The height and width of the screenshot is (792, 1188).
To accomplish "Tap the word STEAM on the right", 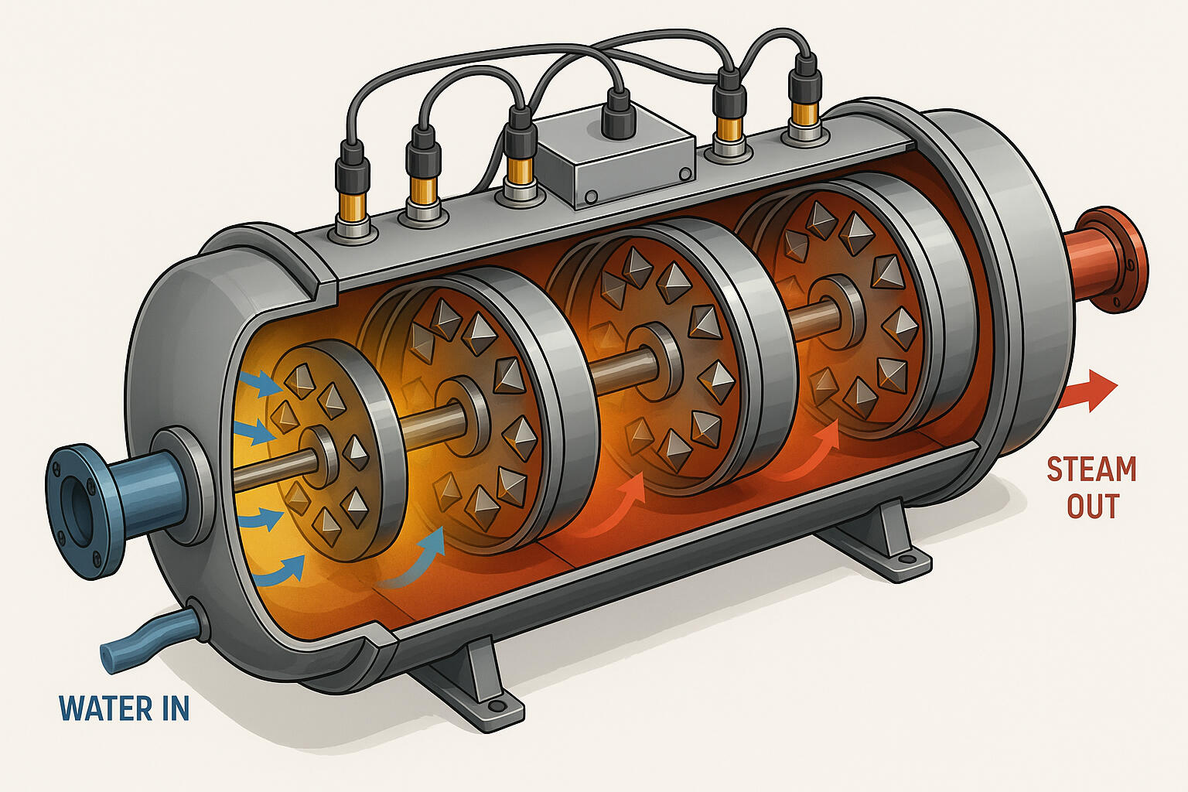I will [1091, 469].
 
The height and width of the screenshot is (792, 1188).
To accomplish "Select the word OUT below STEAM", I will [1092, 507].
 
